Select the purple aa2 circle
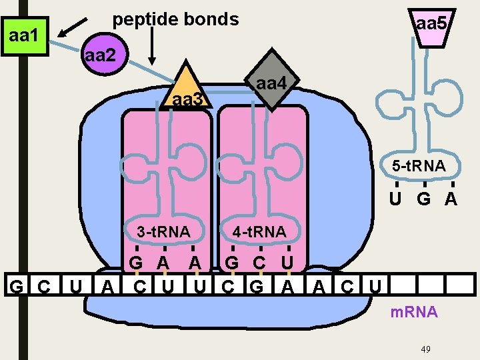pos(100,55)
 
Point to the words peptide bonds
pos(175,19)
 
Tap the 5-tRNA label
pos(419,166)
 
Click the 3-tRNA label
pos(163,232)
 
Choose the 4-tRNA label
pos(259,232)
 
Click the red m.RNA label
pos(415,312)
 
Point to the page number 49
pos(427,349)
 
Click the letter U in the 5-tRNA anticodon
pos(396,199)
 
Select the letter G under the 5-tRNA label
pos(423,199)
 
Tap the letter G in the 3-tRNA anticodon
pos(135,261)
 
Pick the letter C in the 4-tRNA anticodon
pos(259,261)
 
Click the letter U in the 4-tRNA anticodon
pos(287,261)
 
